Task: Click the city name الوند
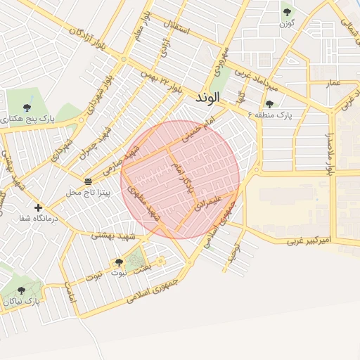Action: point(209,96)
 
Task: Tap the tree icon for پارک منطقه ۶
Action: point(269,104)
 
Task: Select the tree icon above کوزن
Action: point(287,12)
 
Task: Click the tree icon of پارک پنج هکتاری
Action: point(27,108)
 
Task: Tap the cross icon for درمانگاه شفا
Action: point(38,207)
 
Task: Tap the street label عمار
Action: point(333,84)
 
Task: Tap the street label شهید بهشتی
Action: point(112,236)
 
